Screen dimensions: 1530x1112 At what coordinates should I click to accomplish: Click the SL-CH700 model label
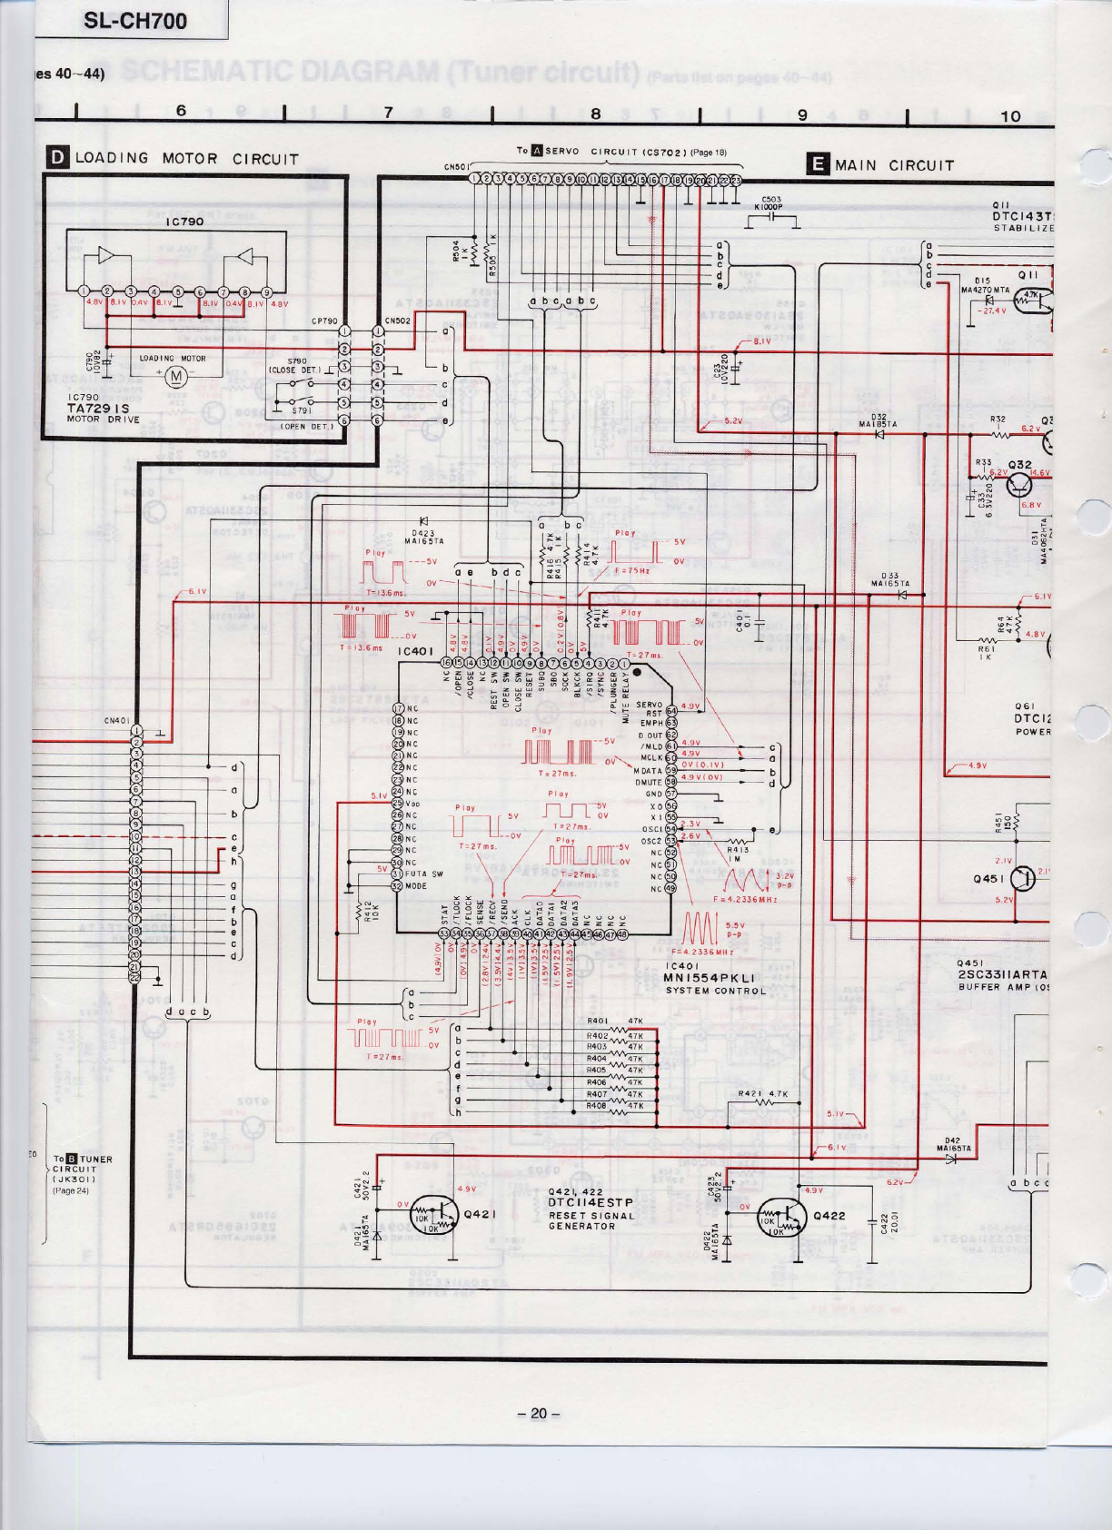[x=134, y=20]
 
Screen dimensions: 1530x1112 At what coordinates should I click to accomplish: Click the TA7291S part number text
[x=99, y=409]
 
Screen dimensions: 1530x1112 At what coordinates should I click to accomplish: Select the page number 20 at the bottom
[x=539, y=1414]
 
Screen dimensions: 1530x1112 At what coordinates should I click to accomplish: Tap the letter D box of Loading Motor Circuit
[x=58, y=158]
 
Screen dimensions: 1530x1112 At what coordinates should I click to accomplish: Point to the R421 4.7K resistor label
[x=762, y=1093]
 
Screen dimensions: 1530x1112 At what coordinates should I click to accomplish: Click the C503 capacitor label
[x=772, y=202]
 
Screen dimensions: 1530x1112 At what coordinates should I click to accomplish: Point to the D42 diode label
[x=953, y=1143]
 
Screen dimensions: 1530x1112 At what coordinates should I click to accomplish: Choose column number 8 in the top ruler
[x=595, y=114]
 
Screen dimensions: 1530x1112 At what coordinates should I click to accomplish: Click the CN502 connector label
[x=398, y=320]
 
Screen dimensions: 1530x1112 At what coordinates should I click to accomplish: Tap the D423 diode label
[x=422, y=536]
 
